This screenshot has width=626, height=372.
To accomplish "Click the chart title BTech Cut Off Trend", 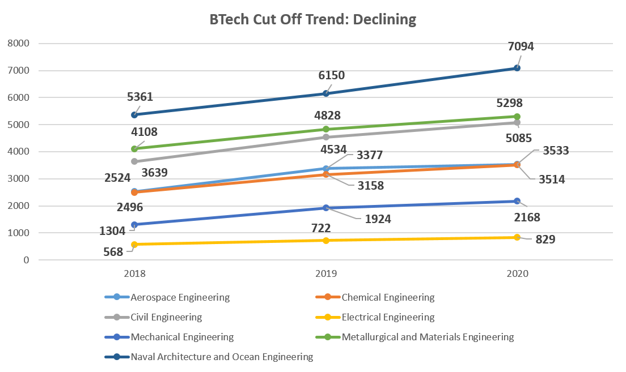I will tap(312, 20).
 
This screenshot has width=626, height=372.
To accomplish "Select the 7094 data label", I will tap(520, 46).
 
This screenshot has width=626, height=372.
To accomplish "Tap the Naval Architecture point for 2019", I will tap(326, 93).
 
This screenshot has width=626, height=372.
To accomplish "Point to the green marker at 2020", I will tap(517, 117).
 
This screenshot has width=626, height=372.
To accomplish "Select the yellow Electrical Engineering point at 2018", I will tap(134, 245).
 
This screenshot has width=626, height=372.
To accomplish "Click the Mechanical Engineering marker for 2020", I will tap(517, 201).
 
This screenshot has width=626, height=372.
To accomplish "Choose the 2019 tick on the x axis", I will tap(326, 273).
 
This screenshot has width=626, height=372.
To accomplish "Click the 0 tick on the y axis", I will tap(26, 260).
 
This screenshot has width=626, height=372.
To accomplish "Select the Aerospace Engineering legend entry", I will tap(179, 297).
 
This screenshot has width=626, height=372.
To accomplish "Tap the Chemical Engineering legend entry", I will tap(387, 297).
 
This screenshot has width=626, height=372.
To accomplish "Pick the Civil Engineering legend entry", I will tap(166, 317).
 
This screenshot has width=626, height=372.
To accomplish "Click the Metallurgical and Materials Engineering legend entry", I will tap(428, 337).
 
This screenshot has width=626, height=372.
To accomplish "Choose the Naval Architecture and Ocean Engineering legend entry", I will tap(221, 357).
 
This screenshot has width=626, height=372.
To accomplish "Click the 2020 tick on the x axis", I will tap(517, 273).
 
